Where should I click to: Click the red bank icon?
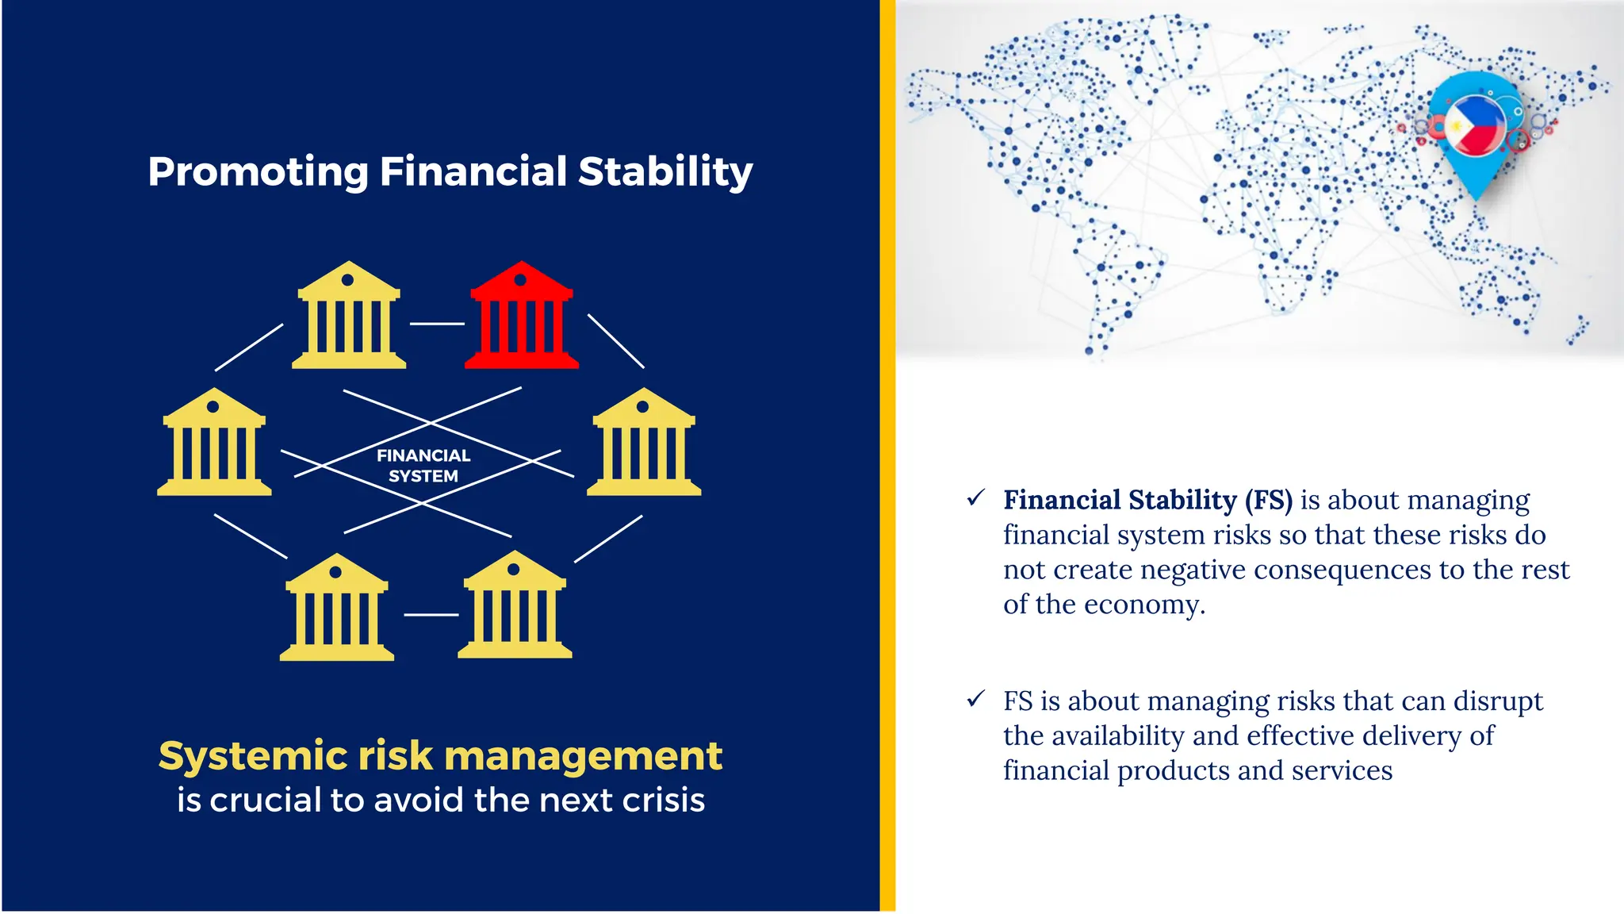(521, 317)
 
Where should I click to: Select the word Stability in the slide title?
(665, 171)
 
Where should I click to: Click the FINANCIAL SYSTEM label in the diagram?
(423, 466)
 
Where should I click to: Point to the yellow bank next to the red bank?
(349, 317)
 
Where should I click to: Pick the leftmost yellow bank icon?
(214, 444)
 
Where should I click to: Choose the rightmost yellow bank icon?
(644, 444)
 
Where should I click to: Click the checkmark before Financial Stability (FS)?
(975, 498)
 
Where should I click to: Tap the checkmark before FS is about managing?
(975, 699)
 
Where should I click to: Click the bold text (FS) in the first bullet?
(1268, 501)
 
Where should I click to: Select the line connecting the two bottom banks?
(431, 615)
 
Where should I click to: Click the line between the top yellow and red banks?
(437, 324)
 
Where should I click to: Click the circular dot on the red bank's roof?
(520, 280)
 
